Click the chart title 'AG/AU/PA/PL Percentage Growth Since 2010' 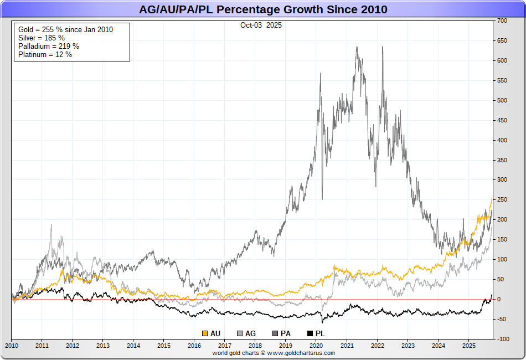click(263, 9)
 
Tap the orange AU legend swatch click(205, 333)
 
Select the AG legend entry click(246, 333)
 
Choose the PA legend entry click(282, 333)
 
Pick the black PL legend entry click(316, 333)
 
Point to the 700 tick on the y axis click(502, 20)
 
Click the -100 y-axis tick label click(502, 339)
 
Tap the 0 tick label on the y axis click(499, 299)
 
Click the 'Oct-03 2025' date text click(261, 25)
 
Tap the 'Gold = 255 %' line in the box click(65, 29)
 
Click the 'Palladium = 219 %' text click(49, 46)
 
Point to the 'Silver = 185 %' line click(42, 38)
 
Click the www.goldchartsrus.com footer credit click(274, 353)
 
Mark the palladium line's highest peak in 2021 click(357, 47)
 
